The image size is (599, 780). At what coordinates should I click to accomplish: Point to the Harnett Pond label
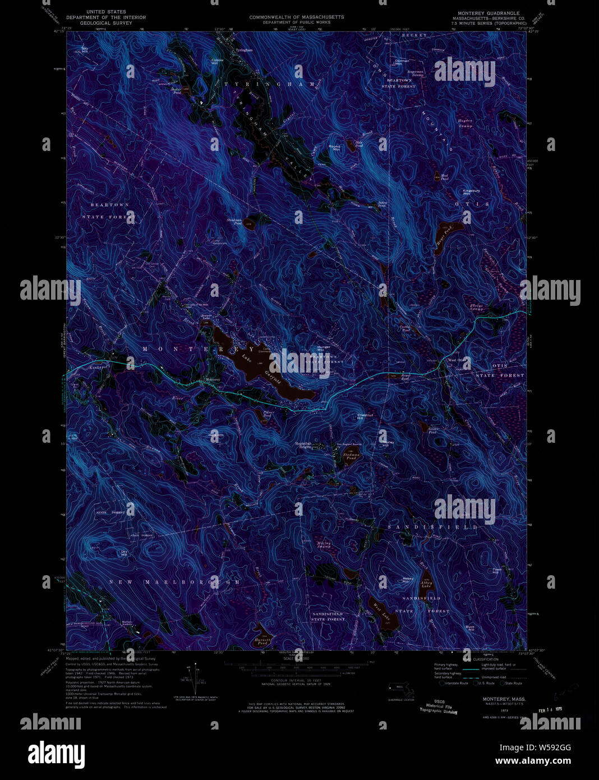pos(262,641)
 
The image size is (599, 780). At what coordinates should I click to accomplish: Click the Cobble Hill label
pos(217,61)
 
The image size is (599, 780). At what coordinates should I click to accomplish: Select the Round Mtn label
pos(334,148)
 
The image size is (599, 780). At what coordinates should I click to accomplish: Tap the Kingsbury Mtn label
pos(471,192)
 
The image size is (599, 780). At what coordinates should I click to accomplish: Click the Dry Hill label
pos(124,553)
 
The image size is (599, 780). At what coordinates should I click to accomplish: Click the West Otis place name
pos(457,360)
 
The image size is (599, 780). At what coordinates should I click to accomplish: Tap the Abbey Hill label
pos(409,580)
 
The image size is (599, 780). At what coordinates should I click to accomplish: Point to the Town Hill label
pos(497,571)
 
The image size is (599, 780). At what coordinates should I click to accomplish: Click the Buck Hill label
pos(470,628)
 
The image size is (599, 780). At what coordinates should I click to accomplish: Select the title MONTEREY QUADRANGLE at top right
pos(489,13)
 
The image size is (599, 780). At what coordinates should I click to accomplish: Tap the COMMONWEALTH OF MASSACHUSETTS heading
pos(297,17)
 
